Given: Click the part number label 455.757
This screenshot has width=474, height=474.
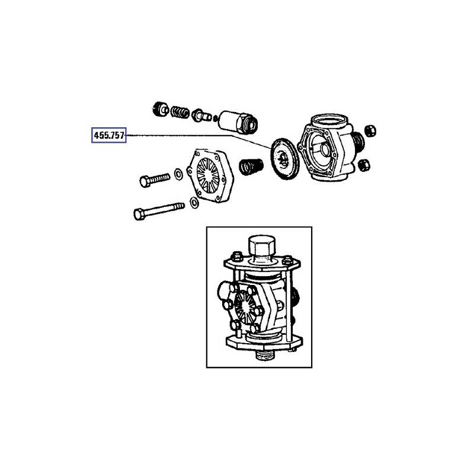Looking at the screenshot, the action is (x=109, y=135).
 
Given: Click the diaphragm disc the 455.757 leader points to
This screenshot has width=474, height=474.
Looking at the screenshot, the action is (x=286, y=159).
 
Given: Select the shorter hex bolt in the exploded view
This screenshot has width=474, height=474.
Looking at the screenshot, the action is (x=155, y=180).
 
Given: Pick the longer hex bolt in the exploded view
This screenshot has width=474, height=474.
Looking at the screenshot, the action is (x=159, y=211).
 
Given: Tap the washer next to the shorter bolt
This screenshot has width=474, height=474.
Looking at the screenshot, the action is (x=178, y=174).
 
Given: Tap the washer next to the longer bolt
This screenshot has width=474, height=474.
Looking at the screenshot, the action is (x=194, y=202).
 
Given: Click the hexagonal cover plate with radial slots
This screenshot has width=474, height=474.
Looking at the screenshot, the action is (x=210, y=175).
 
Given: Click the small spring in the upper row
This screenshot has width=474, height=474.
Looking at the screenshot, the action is (x=180, y=112).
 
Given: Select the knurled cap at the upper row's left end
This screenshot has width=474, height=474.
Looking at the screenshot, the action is (x=161, y=109).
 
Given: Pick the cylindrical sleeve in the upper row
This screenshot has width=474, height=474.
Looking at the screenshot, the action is (x=239, y=122).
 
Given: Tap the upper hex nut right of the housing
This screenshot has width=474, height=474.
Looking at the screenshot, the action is (x=370, y=130).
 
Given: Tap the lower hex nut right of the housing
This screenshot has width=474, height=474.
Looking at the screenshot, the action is (x=364, y=165).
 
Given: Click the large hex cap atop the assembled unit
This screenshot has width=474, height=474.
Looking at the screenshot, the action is (x=261, y=246).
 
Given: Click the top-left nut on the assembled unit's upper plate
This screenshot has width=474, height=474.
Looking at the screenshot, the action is (x=236, y=256).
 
